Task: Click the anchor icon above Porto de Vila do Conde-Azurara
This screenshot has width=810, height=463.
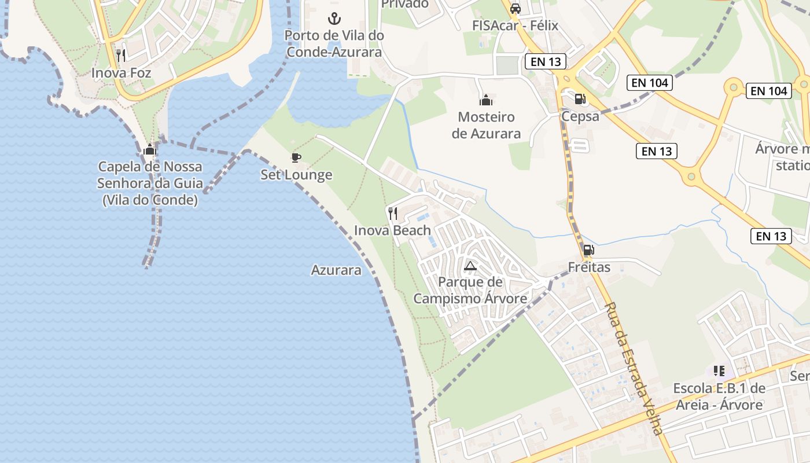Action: [x=334, y=17]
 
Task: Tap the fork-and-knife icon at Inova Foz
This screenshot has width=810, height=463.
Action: [x=121, y=56]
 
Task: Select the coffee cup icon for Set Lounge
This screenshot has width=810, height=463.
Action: [x=296, y=157]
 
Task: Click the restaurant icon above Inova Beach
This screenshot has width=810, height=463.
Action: [x=393, y=214]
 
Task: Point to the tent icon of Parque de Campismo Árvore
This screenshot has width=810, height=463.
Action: [x=470, y=266]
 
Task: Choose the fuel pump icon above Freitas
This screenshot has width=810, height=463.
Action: [x=588, y=250]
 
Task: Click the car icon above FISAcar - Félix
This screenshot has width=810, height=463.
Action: [x=516, y=9]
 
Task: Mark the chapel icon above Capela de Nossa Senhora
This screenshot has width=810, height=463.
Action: [x=150, y=150]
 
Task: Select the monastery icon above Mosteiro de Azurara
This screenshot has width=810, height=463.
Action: [x=486, y=100]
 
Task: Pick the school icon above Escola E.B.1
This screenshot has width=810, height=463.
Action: [x=719, y=370]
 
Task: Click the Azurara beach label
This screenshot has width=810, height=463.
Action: [x=336, y=270]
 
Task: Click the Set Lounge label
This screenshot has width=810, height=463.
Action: [x=296, y=175]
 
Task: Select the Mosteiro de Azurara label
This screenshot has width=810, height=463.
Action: [x=486, y=125]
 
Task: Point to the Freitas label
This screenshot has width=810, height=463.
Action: [x=589, y=267]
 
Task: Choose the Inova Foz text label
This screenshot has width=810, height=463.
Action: [x=121, y=73]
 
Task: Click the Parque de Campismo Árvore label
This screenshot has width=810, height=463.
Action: [x=470, y=291]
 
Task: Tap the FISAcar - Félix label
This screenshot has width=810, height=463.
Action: [x=515, y=25]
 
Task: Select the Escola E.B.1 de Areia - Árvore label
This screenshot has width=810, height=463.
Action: [x=719, y=396]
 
